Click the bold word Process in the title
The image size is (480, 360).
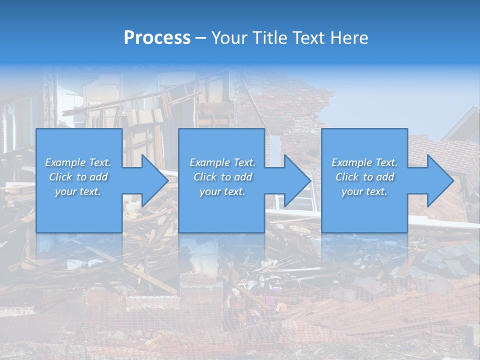tap(157, 38)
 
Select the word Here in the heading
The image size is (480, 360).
tap(350, 38)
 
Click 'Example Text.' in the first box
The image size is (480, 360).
tap(78, 162)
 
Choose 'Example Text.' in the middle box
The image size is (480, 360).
tap(222, 162)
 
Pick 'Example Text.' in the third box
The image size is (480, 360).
tap(364, 162)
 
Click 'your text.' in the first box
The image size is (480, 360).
tap(78, 191)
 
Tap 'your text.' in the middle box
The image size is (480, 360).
tap(222, 191)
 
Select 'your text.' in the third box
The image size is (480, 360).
tap(364, 191)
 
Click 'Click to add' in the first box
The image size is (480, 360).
tap(78, 177)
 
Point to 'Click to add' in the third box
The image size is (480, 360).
tap(364, 177)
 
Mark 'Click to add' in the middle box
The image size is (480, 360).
tap(222, 177)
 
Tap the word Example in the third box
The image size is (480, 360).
tap(352, 162)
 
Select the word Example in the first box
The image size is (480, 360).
tap(65, 162)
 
